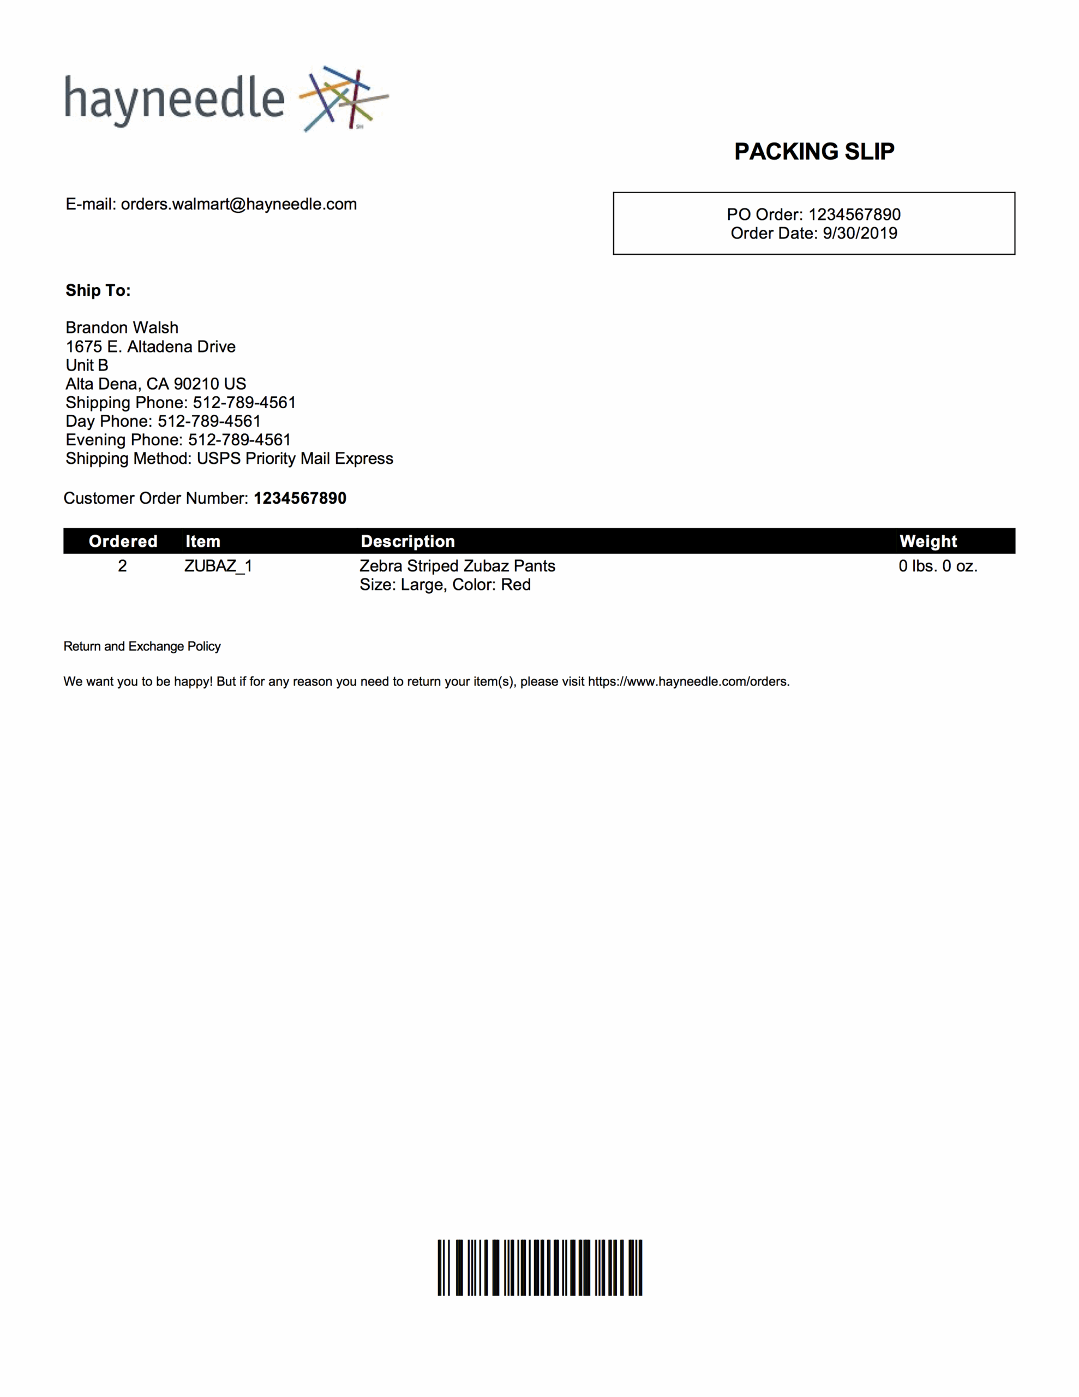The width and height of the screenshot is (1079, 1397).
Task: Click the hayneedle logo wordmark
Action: click(x=174, y=99)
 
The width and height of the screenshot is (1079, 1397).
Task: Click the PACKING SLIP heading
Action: click(x=813, y=152)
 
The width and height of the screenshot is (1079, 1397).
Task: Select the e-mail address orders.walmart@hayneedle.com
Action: click(x=238, y=204)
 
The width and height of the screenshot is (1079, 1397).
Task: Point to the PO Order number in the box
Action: click(x=854, y=214)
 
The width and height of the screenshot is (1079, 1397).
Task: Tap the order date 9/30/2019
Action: click(x=860, y=234)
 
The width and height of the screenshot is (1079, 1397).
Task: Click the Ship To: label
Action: click(x=98, y=290)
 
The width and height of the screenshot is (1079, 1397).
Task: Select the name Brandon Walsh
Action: click(x=122, y=327)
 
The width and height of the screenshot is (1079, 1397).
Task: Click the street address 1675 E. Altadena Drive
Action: click(x=151, y=347)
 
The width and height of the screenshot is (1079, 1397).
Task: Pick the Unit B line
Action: click(x=87, y=365)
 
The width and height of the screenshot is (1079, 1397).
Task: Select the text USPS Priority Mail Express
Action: click(x=295, y=458)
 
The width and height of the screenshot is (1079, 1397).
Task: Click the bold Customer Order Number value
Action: click(x=300, y=498)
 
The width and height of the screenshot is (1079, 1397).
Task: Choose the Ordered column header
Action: click(x=123, y=541)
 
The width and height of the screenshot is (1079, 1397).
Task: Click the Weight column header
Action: click(x=928, y=541)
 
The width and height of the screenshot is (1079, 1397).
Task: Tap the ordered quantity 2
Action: click(x=122, y=566)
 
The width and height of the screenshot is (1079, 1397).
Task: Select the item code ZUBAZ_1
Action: click(x=218, y=566)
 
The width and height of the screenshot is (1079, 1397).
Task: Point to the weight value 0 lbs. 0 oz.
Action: click(x=938, y=566)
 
